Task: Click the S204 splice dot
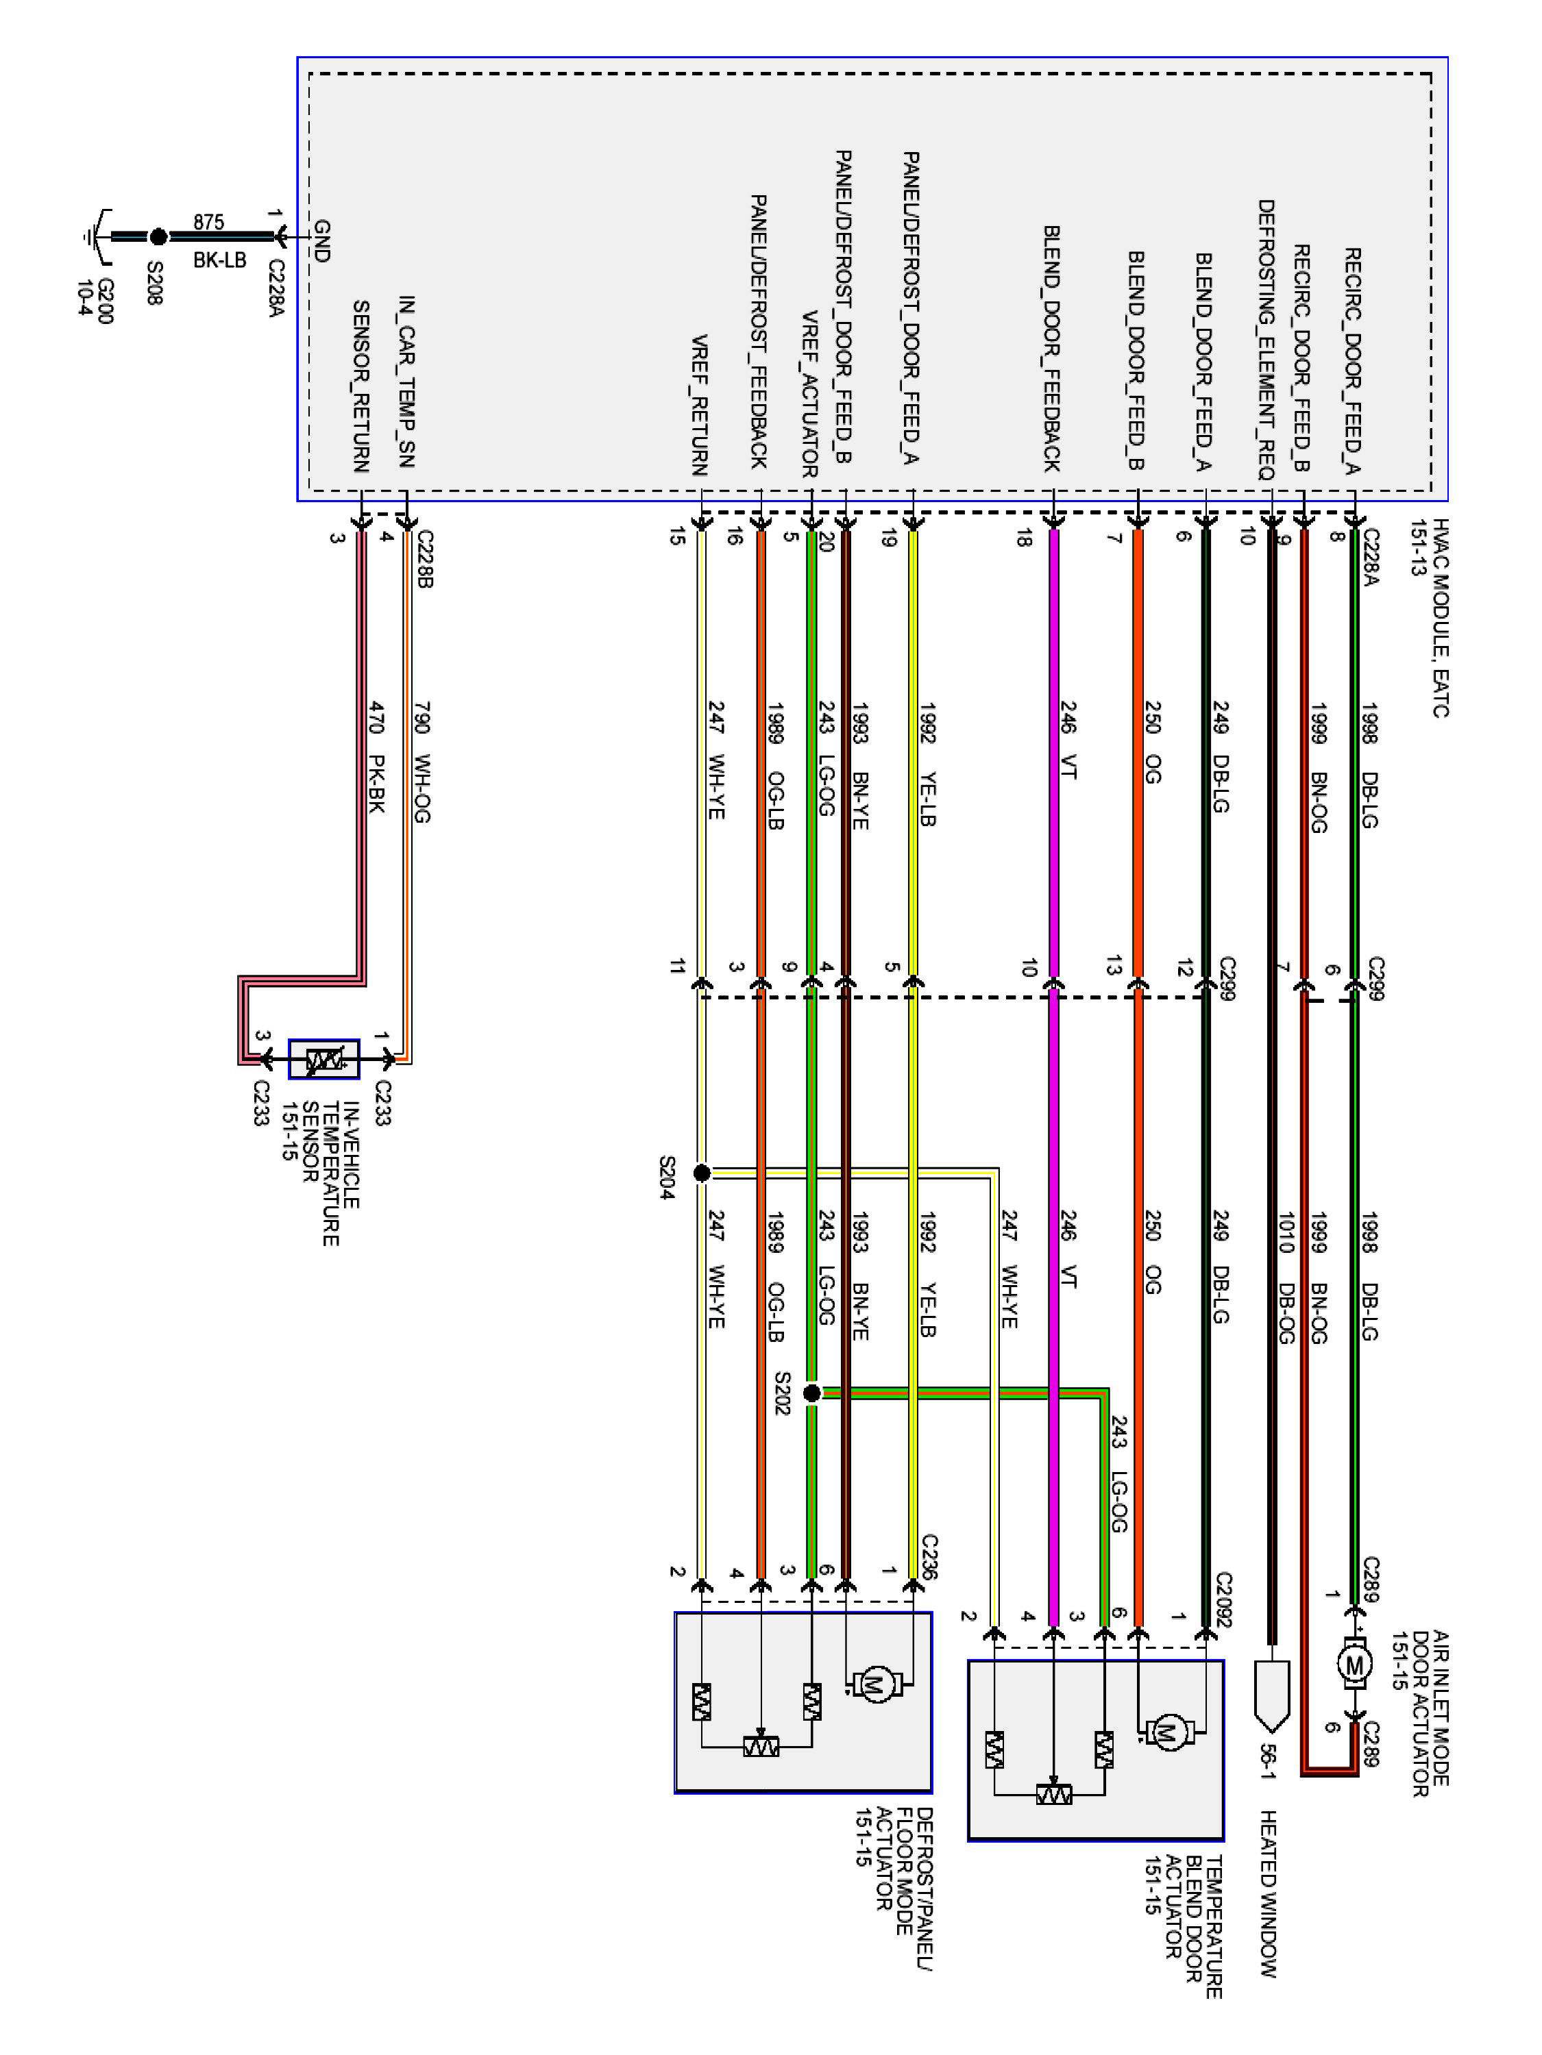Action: pyautogui.click(x=702, y=1173)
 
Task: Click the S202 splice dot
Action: pyautogui.click(x=811, y=1393)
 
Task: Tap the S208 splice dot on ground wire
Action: pyautogui.click(x=159, y=237)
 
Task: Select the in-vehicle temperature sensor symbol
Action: pyautogui.click(x=323, y=1059)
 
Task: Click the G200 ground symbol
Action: pyautogui.click(x=93, y=237)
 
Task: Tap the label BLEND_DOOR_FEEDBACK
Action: pyautogui.click(x=1051, y=349)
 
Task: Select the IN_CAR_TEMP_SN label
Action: pyautogui.click(x=406, y=381)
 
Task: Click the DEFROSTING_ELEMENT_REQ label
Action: pyautogui.click(x=1266, y=339)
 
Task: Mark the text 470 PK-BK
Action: pyautogui.click(x=376, y=757)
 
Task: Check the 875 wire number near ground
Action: pyautogui.click(x=208, y=222)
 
